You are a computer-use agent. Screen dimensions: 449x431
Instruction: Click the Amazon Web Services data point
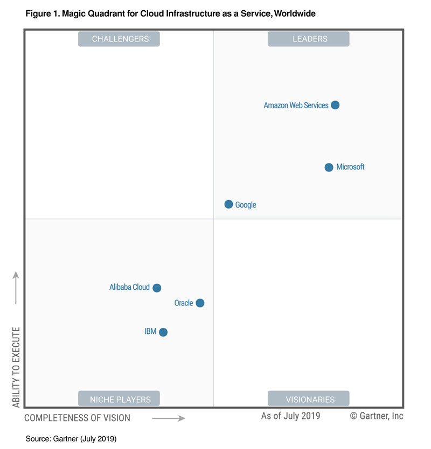point(335,105)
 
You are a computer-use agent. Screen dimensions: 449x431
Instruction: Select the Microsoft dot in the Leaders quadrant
point(329,167)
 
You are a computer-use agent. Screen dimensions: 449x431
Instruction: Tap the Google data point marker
point(228,204)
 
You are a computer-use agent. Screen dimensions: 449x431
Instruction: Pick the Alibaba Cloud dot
point(157,288)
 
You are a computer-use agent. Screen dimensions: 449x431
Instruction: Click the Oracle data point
point(200,303)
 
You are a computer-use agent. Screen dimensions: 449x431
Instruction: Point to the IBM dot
point(163,332)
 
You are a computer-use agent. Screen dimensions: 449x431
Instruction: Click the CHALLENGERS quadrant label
point(119,39)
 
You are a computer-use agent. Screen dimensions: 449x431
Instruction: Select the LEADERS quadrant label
point(309,39)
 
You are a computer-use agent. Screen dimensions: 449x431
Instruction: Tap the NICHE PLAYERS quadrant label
point(119,398)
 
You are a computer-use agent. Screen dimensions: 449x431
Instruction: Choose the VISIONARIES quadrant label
point(309,398)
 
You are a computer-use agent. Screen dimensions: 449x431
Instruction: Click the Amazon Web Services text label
point(296,105)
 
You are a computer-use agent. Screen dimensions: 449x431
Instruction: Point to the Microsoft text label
point(350,167)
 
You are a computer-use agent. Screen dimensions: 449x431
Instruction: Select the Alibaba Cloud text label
point(129,287)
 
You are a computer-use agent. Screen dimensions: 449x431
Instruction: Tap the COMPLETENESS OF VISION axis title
point(77,418)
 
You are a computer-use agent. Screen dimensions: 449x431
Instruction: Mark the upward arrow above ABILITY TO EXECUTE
point(16,288)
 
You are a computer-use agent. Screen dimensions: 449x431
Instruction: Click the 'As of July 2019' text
point(290,416)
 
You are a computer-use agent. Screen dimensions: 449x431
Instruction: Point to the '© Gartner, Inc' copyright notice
point(377,416)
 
